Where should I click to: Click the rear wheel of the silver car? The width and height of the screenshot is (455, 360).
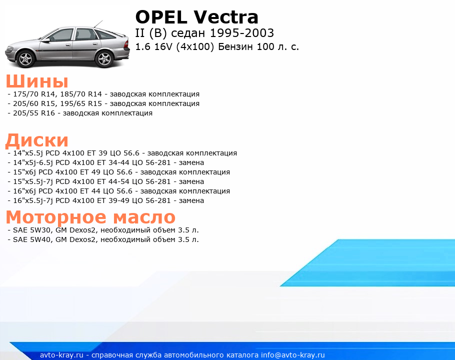[x=104, y=58]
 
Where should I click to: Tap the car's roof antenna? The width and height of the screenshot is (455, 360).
[x=98, y=24]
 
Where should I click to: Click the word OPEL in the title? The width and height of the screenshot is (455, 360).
[x=161, y=17]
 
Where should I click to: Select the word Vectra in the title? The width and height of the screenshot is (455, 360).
[x=226, y=17]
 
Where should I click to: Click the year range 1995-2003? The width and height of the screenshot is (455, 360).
[x=241, y=33]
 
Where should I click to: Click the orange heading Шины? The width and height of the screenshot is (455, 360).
[x=37, y=81]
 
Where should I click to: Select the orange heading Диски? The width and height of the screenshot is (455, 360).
[x=37, y=140]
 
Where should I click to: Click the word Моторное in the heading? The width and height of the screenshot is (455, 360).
[x=56, y=217]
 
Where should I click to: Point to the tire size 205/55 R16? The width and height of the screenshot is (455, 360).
[x=34, y=113]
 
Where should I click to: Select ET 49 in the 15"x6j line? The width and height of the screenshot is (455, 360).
[x=90, y=172]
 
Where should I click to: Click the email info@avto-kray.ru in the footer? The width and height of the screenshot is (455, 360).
[x=293, y=355]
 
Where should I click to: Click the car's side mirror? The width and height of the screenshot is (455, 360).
[x=45, y=40]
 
